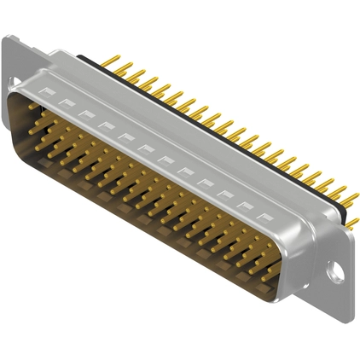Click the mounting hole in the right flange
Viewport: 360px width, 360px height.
pos(339,275)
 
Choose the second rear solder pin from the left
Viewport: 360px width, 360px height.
pos(130,69)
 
